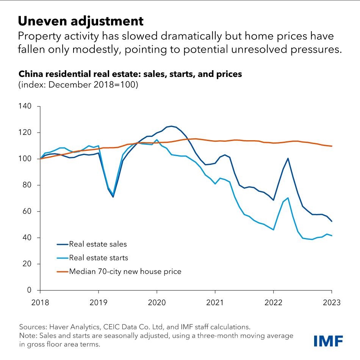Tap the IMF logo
pos(328,341)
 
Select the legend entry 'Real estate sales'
pos(97,244)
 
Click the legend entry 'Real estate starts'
pos(98,258)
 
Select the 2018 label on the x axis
pos(40,303)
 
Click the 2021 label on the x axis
pos(215,303)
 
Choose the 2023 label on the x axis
pos(332,303)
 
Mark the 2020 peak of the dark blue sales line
pos(171,126)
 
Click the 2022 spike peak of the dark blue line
pos(288,158)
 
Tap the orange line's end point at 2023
pos(332,146)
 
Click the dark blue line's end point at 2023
pos(332,221)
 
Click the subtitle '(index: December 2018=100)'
pos(78,85)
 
